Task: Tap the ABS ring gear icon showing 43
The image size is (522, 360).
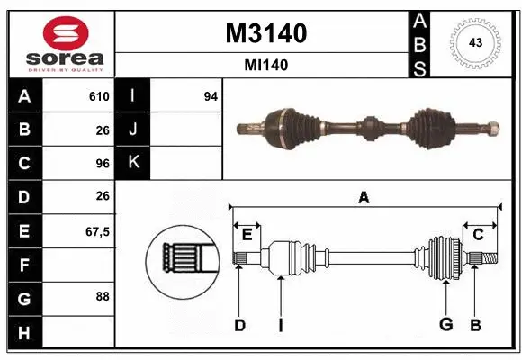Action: pyautogui.click(x=474, y=42)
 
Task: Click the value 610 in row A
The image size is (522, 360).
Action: pyautogui.click(x=99, y=96)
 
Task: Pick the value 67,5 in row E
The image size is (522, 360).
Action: pyautogui.click(x=96, y=231)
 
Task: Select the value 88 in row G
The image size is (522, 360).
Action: pyautogui.click(x=102, y=297)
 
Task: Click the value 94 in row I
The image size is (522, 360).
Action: pyautogui.click(x=211, y=96)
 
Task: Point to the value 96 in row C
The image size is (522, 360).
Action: pyautogui.click(x=102, y=164)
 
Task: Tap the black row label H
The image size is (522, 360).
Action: pyautogui.click(x=23, y=332)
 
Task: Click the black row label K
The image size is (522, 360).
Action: pyautogui.click(x=133, y=163)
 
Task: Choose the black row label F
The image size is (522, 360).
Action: pyautogui.click(x=23, y=265)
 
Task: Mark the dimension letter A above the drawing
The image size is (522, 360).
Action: pyautogui.click(x=364, y=198)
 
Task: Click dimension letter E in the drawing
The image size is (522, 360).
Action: pyautogui.click(x=247, y=234)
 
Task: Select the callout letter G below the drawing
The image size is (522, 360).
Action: pyautogui.click(x=445, y=325)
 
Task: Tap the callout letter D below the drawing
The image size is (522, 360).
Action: pyautogui.click(x=239, y=325)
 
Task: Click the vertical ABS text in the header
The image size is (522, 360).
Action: pyautogui.click(x=419, y=42)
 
